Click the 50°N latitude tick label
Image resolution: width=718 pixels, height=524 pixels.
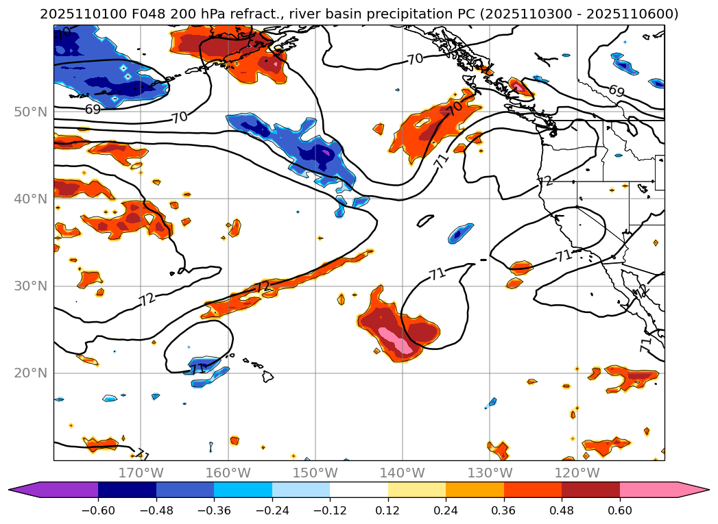point(30,112)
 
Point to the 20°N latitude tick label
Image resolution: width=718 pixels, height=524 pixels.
point(30,373)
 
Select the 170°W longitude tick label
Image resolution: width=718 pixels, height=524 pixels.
point(141,473)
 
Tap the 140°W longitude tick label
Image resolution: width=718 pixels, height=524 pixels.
point(403,473)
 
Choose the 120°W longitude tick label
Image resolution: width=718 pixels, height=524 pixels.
point(577,473)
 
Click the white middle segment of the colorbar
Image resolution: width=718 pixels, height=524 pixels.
point(359,490)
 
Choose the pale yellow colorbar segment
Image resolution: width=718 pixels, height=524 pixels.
point(417,490)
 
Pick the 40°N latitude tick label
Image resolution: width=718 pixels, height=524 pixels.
point(30,199)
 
